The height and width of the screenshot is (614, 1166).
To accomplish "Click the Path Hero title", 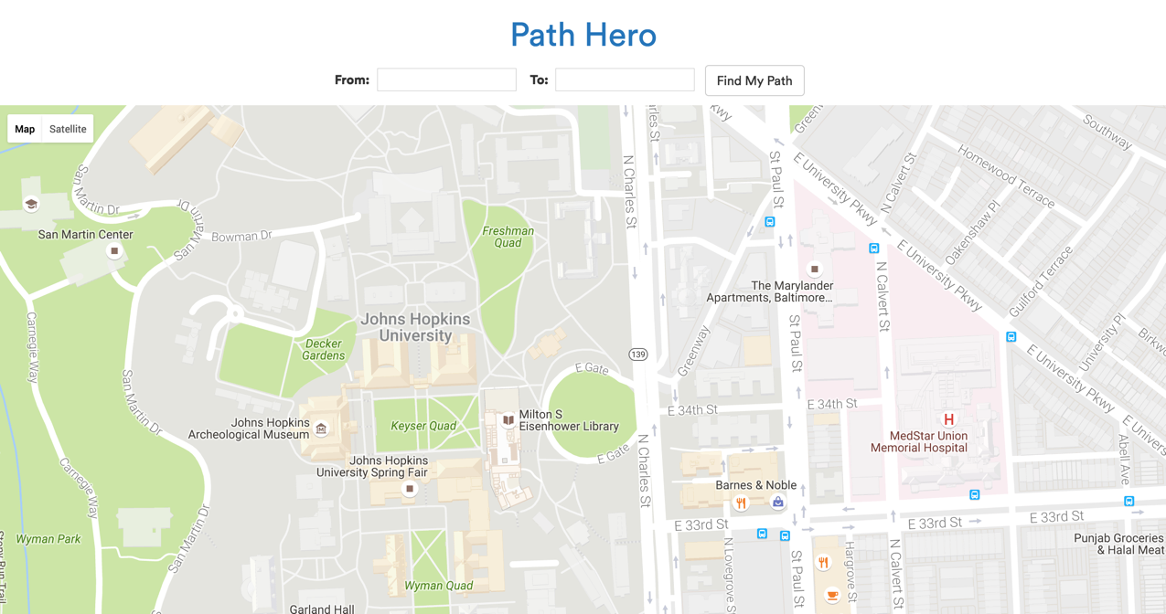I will click(x=583, y=35).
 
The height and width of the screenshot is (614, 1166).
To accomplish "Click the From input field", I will click(x=446, y=80).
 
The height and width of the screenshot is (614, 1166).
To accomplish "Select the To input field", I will click(x=625, y=80).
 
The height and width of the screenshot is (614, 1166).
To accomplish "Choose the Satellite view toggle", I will click(x=68, y=129).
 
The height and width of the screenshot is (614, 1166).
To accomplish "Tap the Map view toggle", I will click(x=25, y=129).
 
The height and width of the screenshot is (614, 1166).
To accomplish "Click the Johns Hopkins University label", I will click(x=415, y=327).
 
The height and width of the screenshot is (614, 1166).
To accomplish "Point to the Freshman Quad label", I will click(x=508, y=237).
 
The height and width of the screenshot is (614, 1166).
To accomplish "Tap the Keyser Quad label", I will click(x=423, y=426).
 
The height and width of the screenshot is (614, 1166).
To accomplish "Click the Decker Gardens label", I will click(x=323, y=350).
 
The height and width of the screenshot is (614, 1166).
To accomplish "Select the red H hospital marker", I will click(x=948, y=419).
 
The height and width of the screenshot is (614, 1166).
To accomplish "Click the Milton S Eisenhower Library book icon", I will click(x=508, y=420).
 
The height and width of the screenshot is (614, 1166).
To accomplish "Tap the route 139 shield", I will click(x=637, y=355).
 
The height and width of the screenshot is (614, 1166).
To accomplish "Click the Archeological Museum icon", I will click(x=321, y=429).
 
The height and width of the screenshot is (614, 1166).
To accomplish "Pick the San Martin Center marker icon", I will click(x=114, y=250).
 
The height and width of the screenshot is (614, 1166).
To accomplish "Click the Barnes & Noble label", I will click(x=755, y=485).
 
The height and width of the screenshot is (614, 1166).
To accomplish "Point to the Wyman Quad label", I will click(x=438, y=586).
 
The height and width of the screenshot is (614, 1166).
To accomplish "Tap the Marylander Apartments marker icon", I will click(x=814, y=269).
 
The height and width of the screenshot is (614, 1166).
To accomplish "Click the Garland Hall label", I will click(x=321, y=609).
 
